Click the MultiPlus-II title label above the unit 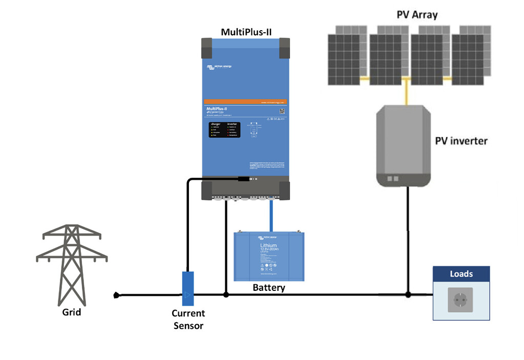pyautogui.click(x=246, y=32)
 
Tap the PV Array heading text pyautogui.click(x=417, y=14)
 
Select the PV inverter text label pyautogui.click(x=461, y=140)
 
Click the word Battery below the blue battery pyautogui.click(x=268, y=288)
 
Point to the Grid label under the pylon pyautogui.click(x=72, y=311)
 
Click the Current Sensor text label pyautogui.click(x=188, y=320)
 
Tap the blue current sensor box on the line pyautogui.click(x=188, y=289)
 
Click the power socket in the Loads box pyautogui.click(x=460, y=300)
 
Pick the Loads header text pyautogui.click(x=461, y=274)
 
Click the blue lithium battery pyautogui.click(x=269, y=256)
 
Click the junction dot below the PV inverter pyautogui.click(x=408, y=294)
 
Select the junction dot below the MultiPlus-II pyautogui.click(x=225, y=294)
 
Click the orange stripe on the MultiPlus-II pyautogui.click(x=246, y=101)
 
